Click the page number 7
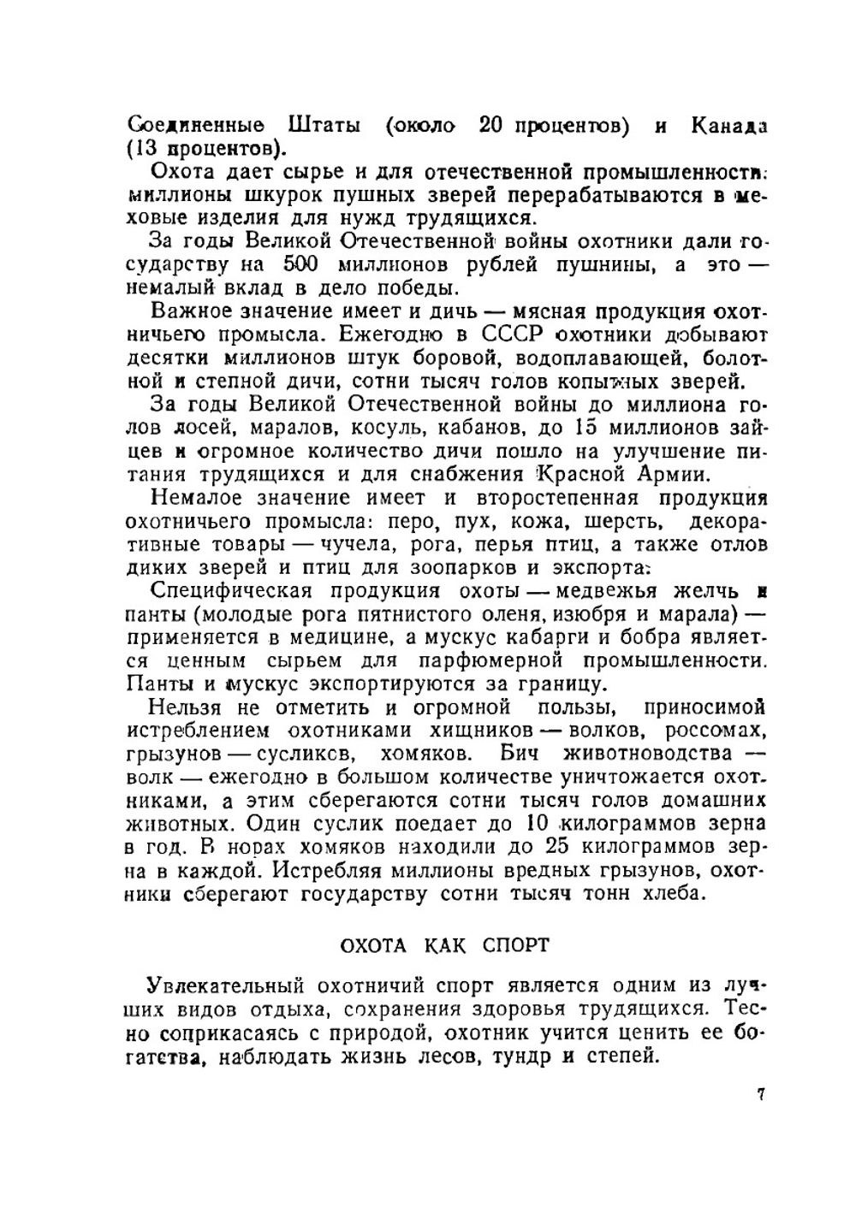pyautogui.click(x=759, y=1094)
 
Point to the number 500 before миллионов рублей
pyautogui.click(x=301, y=264)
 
